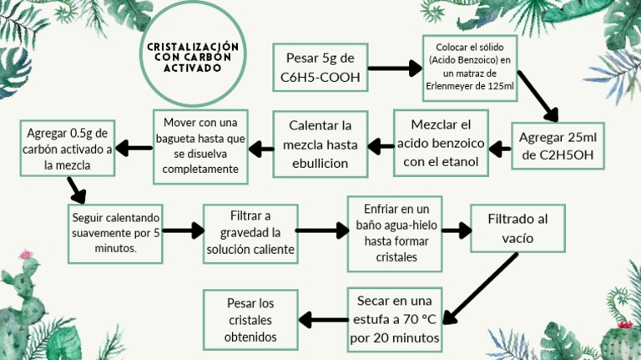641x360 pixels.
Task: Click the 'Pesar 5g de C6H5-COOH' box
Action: [x=320, y=68]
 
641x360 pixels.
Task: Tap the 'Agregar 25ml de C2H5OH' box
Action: [x=558, y=146]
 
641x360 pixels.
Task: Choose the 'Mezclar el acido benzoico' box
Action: [x=441, y=143]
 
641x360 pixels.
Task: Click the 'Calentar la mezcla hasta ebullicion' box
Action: [x=320, y=144]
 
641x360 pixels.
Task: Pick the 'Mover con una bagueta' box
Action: [x=200, y=146]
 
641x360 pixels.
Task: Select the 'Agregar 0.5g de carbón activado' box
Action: [x=68, y=150]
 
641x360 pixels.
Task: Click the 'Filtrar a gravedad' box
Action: [x=250, y=233]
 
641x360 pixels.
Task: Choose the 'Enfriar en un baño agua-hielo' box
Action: [x=395, y=233]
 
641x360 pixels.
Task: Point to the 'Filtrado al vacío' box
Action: [x=517, y=228]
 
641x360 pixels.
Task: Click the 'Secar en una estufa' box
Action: [x=395, y=319]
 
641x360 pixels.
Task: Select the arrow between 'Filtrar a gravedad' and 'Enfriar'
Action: [x=321, y=231]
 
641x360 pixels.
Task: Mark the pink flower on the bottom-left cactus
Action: [x=27, y=254]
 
